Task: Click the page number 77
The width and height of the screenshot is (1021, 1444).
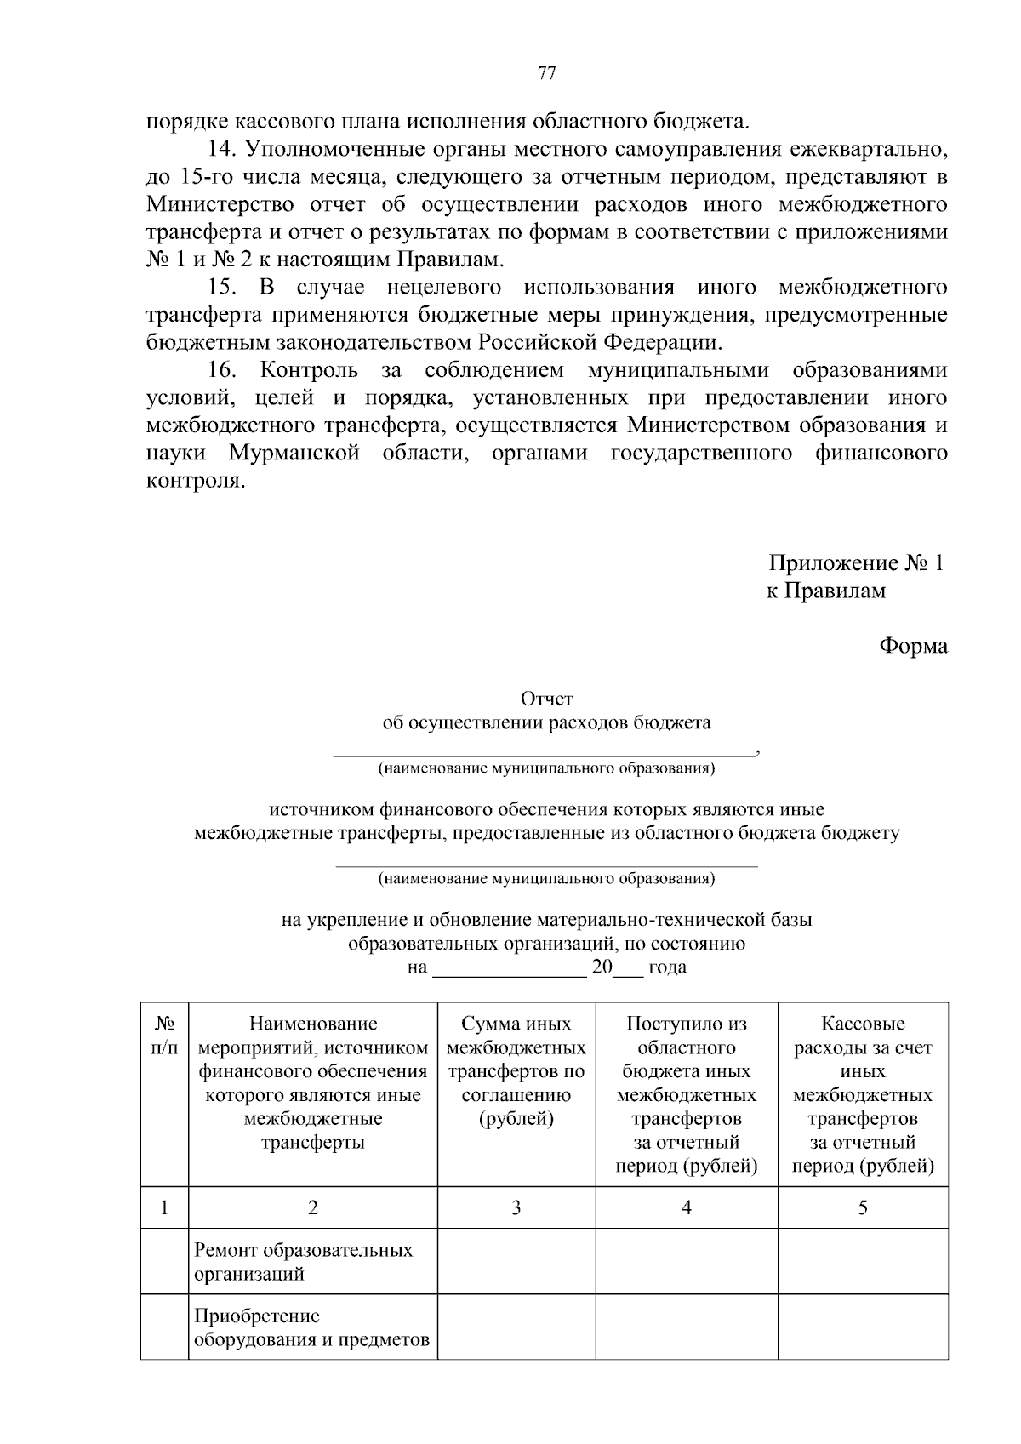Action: click(547, 73)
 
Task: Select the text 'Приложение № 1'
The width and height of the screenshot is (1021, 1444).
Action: click(856, 563)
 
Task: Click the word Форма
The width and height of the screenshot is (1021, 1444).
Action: click(913, 646)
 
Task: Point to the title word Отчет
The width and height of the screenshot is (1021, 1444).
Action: click(546, 699)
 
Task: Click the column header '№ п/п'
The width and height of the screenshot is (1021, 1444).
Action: click(164, 1036)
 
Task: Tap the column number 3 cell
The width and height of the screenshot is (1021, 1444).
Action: click(516, 1207)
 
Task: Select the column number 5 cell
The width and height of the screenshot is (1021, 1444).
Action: click(862, 1207)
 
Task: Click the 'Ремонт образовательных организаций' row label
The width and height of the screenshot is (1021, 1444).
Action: click(303, 1262)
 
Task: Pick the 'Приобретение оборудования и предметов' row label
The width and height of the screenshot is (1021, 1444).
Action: click(311, 1328)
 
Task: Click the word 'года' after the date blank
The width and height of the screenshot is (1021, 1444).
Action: click(667, 967)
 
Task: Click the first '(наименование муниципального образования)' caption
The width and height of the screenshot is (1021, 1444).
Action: click(546, 769)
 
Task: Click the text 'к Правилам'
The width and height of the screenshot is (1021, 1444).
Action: click(825, 591)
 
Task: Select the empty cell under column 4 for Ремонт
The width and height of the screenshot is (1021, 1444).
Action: click(686, 1262)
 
